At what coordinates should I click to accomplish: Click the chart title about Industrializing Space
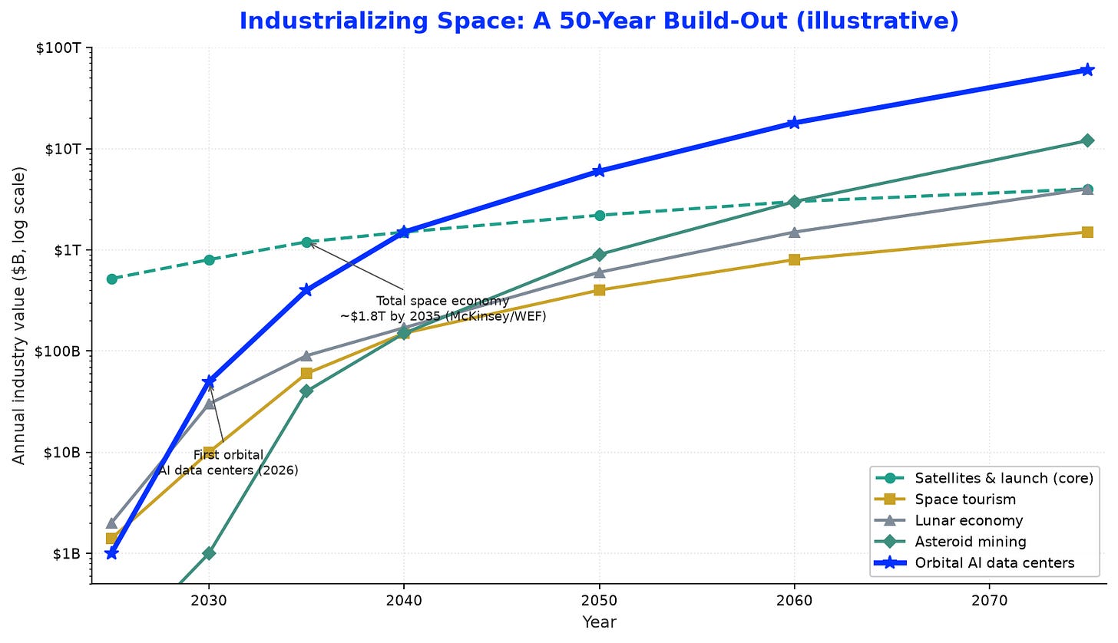[x=599, y=21]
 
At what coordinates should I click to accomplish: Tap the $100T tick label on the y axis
[x=58, y=48]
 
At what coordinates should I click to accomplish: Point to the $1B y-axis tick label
[x=67, y=554]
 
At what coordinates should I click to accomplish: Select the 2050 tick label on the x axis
[x=600, y=600]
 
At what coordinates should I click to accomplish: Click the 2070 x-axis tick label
[x=989, y=600]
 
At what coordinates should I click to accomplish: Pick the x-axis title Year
[x=599, y=622]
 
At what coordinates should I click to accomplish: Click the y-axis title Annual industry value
[x=18, y=316]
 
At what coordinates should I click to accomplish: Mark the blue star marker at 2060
[x=794, y=123]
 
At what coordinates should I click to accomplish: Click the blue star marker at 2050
[x=599, y=171]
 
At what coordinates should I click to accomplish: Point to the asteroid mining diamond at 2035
[x=306, y=391]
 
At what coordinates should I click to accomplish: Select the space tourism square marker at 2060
[x=794, y=259]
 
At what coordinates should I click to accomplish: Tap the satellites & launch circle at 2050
[x=600, y=216]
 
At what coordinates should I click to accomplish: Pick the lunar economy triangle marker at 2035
[x=306, y=356]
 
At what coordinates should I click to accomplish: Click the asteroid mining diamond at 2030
[x=209, y=554]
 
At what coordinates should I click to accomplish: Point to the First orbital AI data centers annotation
[x=228, y=463]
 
